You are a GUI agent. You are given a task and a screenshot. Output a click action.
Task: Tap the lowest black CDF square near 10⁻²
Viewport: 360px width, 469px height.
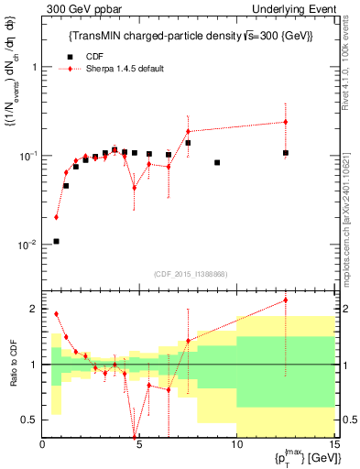pos(57,241)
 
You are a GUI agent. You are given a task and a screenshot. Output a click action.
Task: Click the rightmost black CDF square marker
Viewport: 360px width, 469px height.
pos(286,153)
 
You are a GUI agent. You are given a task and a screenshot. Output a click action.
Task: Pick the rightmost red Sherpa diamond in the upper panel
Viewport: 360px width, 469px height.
pos(286,122)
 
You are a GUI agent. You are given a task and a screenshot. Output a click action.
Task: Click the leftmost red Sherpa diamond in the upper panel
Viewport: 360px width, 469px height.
pos(57,217)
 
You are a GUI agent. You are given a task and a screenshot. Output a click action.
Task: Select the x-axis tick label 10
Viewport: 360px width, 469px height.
pos(236,444)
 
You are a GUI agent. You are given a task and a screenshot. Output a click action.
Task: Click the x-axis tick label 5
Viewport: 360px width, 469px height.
pos(139,444)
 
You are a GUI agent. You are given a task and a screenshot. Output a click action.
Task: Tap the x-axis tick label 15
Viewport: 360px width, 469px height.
pos(333,444)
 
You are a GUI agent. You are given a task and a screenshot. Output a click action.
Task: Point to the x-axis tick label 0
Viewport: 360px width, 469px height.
pos(42,444)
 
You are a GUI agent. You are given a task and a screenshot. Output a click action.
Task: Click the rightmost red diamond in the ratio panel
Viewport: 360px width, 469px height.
pos(286,300)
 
